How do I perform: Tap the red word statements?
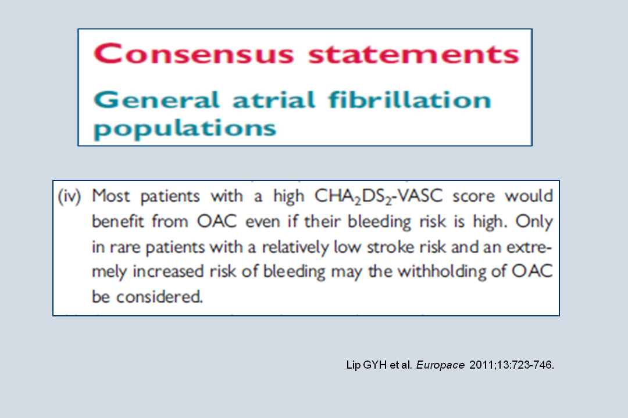(x=414, y=55)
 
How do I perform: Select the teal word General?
(x=156, y=100)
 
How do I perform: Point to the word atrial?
(x=274, y=99)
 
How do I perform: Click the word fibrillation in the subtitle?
(x=410, y=99)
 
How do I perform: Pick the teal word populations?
(x=185, y=129)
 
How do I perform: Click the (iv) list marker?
(x=70, y=196)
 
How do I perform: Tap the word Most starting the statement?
(x=111, y=196)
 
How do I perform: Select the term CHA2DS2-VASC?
(x=379, y=196)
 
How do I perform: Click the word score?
(x=474, y=196)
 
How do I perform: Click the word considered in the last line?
(x=159, y=297)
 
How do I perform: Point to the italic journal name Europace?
(x=440, y=365)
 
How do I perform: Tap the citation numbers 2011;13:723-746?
(x=512, y=365)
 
